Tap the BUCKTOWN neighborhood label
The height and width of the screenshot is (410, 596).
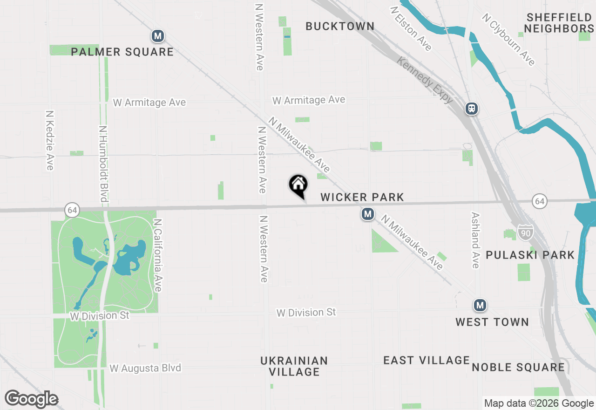[x=340, y=27]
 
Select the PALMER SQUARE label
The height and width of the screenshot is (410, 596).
[x=122, y=52]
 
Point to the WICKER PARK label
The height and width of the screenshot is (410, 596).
[x=362, y=198]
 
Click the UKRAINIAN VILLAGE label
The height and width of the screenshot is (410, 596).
[x=294, y=366]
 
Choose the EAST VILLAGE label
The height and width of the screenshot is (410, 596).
[x=427, y=360]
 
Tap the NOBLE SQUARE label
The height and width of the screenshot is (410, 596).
[x=518, y=367]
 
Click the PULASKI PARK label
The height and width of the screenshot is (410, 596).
[x=530, y=255]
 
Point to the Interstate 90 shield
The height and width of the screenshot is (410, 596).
[x=525, y=232]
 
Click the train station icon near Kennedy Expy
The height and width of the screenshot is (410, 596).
[x=472, y=109]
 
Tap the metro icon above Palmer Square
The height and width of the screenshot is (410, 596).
[x=158, y=36]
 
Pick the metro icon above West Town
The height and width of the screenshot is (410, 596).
[x=480, y=306]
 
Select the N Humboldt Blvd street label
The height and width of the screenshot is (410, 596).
[x=103, y=164]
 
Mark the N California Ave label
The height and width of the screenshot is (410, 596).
[x=157, y=255]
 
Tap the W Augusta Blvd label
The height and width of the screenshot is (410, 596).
[x=145, y=368]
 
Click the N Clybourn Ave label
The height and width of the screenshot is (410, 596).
[x=508, y=40]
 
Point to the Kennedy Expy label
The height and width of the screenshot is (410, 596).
[x=425, y=80]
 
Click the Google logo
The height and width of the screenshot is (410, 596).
[x=31, y=399]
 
